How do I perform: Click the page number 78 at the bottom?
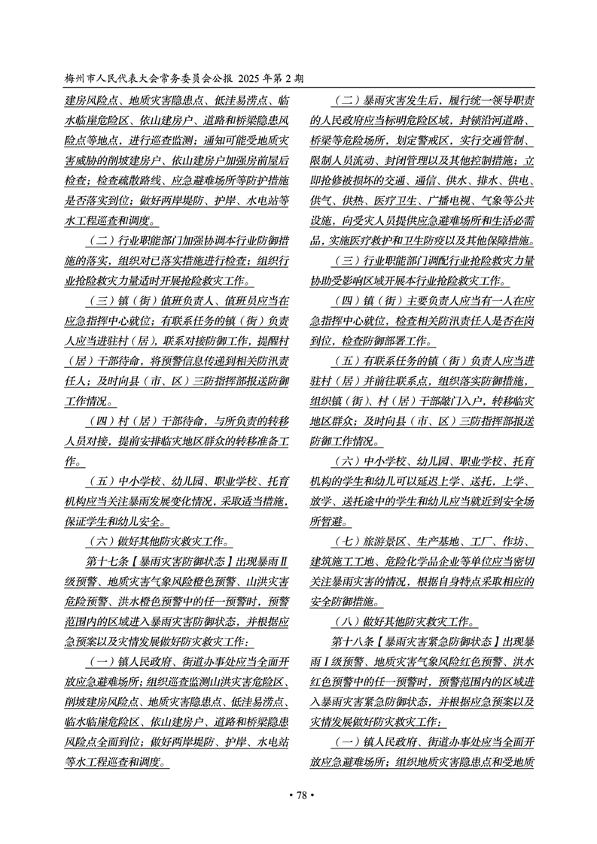point(298,795)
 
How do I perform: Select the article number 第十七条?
point(114,561)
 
